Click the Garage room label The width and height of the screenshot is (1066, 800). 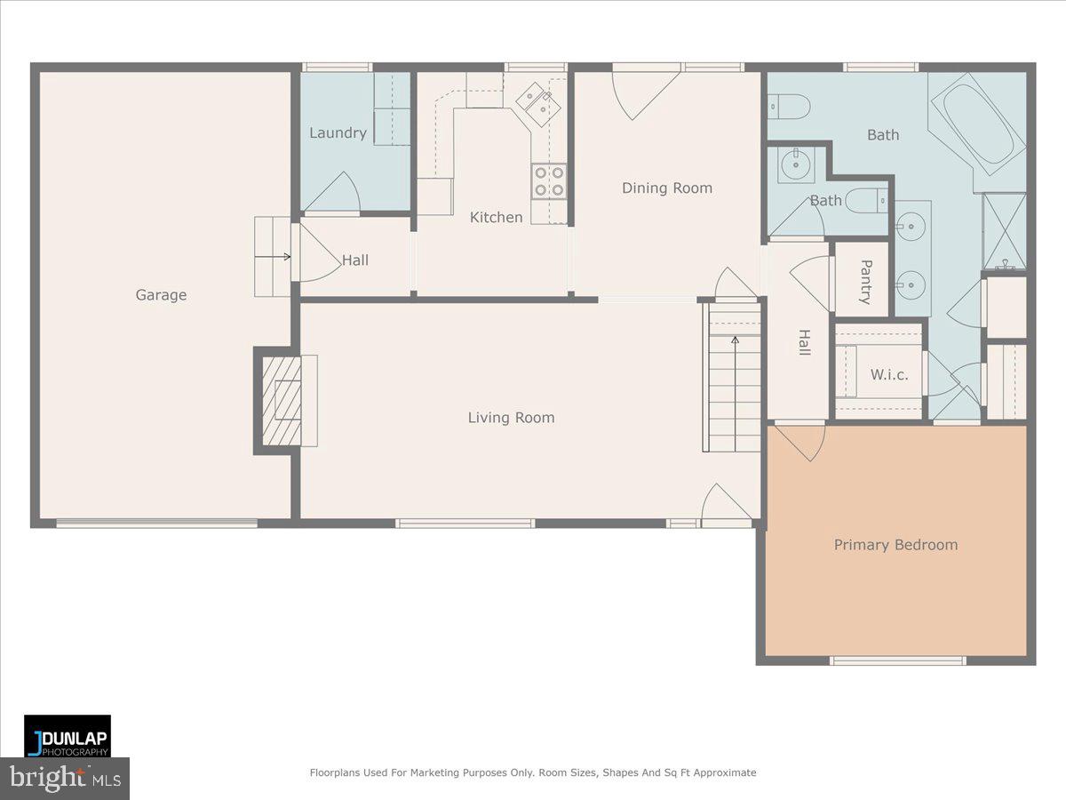[161, 295]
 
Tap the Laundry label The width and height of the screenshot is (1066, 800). [338, 133]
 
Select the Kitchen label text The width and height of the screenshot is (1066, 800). [496, 217]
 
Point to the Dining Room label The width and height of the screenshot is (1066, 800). [666, 188]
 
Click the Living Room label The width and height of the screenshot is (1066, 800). [511, 418]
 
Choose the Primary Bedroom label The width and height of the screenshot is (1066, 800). [895, 545]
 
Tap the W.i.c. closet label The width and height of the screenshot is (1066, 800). [888, 375]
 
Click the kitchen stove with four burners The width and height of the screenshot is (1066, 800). [548, 181]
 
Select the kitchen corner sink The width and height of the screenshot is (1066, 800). [538, 104]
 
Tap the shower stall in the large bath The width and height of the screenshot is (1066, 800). [1004, 231]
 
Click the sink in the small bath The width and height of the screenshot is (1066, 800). [796, 164]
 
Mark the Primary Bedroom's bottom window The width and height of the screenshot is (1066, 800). [897, 660]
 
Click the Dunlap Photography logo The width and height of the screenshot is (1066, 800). [68, 736]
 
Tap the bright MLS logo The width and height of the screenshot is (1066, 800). [65, 779]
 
